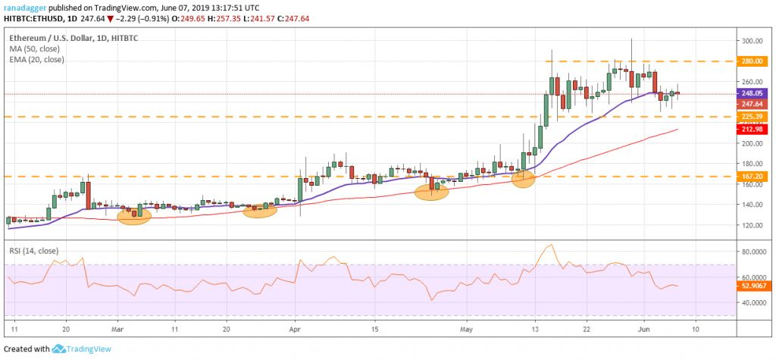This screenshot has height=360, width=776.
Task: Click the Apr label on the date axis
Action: coord(296,330)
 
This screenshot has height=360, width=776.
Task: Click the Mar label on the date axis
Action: coord(119,330)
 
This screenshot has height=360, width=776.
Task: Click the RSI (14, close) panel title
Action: coord(35,250)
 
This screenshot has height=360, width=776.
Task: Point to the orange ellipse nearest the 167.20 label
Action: coord(522,180)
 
